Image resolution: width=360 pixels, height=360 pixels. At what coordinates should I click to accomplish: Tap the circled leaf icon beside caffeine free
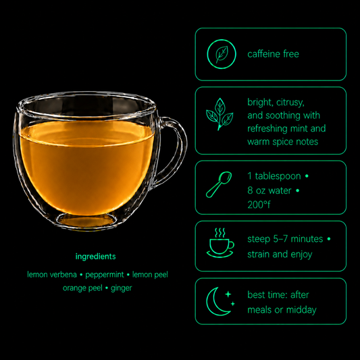coord(222,54)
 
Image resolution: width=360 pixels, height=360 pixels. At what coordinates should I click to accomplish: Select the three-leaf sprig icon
coord(220,114)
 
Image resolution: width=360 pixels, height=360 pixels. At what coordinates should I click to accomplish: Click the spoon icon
coord(219,184)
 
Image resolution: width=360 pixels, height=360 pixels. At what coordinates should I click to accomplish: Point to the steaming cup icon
coord(220,243)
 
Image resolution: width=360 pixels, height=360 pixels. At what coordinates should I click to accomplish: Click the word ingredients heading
coord(95,257)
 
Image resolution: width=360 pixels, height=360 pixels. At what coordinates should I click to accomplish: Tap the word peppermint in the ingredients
coord(105,275)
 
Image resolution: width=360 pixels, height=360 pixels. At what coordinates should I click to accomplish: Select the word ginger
coord(121,288)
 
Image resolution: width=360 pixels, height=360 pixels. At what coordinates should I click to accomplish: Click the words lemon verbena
coord(52,275)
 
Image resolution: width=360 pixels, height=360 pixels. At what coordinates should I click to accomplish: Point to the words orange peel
coord(82,288)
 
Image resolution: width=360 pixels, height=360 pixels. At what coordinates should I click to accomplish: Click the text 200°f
coord(259,205)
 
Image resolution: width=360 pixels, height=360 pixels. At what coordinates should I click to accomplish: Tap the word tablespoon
coord(278,176)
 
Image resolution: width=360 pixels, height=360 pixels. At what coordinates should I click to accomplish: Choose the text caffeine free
coord(274,54)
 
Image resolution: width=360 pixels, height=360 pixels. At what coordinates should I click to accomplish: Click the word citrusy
coord(290,103)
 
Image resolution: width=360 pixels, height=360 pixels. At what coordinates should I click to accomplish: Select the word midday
coord(301,310)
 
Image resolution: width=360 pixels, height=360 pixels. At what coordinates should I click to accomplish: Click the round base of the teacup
coord(86,220)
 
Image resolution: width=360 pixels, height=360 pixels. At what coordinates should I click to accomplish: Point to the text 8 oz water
coord(269,190)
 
